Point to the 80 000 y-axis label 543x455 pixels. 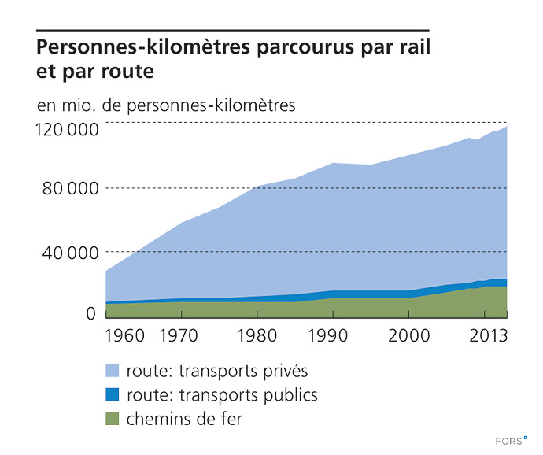click(70, 190)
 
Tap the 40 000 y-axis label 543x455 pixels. click(70, 253)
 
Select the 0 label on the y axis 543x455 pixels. click(90, 313)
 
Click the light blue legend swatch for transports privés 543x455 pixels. click(113, 369)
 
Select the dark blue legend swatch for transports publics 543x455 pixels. click(113, 394)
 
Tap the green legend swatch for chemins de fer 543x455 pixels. click(113, 419)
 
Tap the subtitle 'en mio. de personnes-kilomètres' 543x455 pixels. click(166, 105)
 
